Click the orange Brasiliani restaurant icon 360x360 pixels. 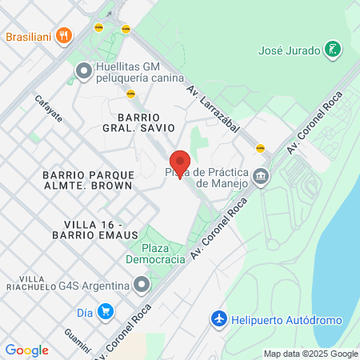tap(64, 36)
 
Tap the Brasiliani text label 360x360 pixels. tap(29, 36)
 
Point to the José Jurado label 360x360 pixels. tap(289, 50)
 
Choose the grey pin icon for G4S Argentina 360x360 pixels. tap(142, 286)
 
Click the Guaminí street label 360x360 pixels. tap(78, 342)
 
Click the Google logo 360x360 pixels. tap(26, 350)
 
